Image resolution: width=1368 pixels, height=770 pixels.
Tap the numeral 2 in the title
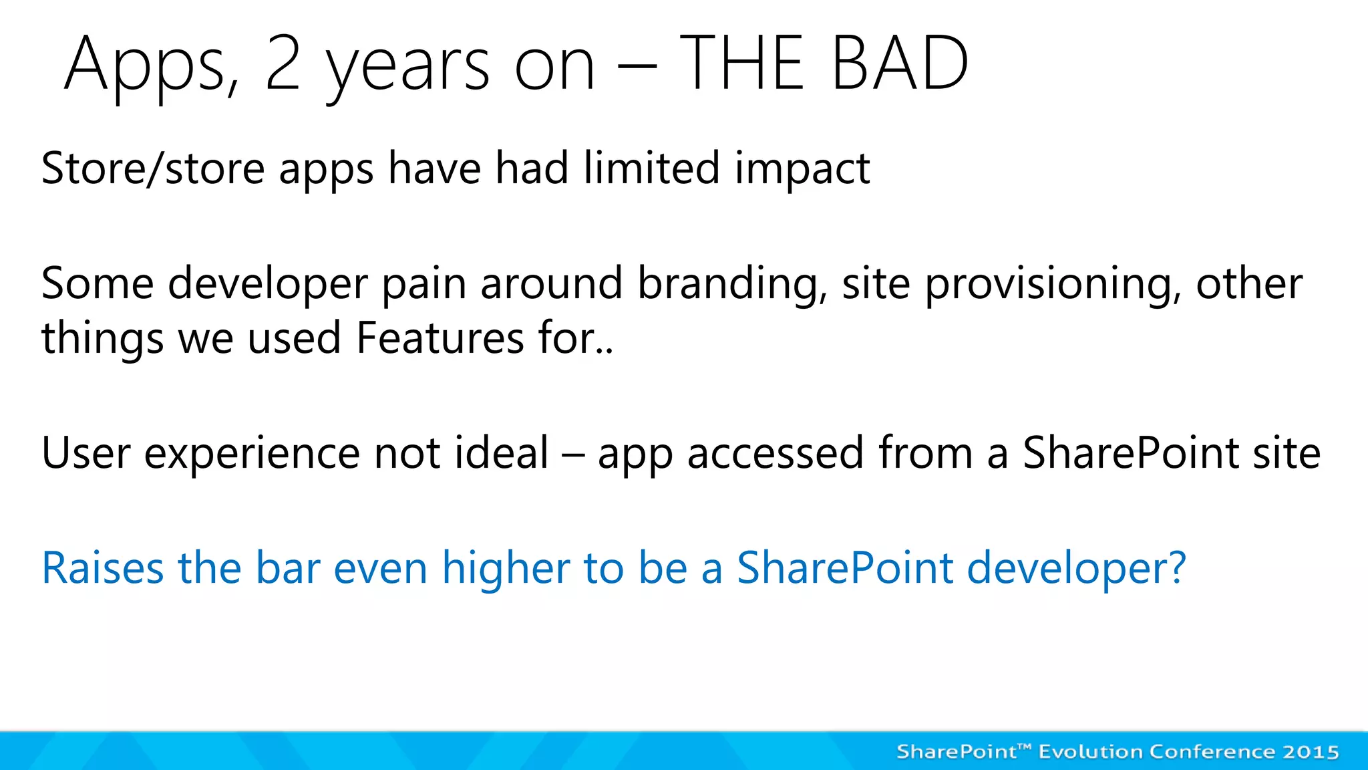283,63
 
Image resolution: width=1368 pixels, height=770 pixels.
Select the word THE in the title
741,63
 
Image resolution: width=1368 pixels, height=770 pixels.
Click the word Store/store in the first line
153,168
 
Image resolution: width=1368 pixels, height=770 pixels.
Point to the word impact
802,169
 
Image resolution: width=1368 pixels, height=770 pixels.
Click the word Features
440,338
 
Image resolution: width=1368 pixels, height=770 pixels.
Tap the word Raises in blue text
102,568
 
